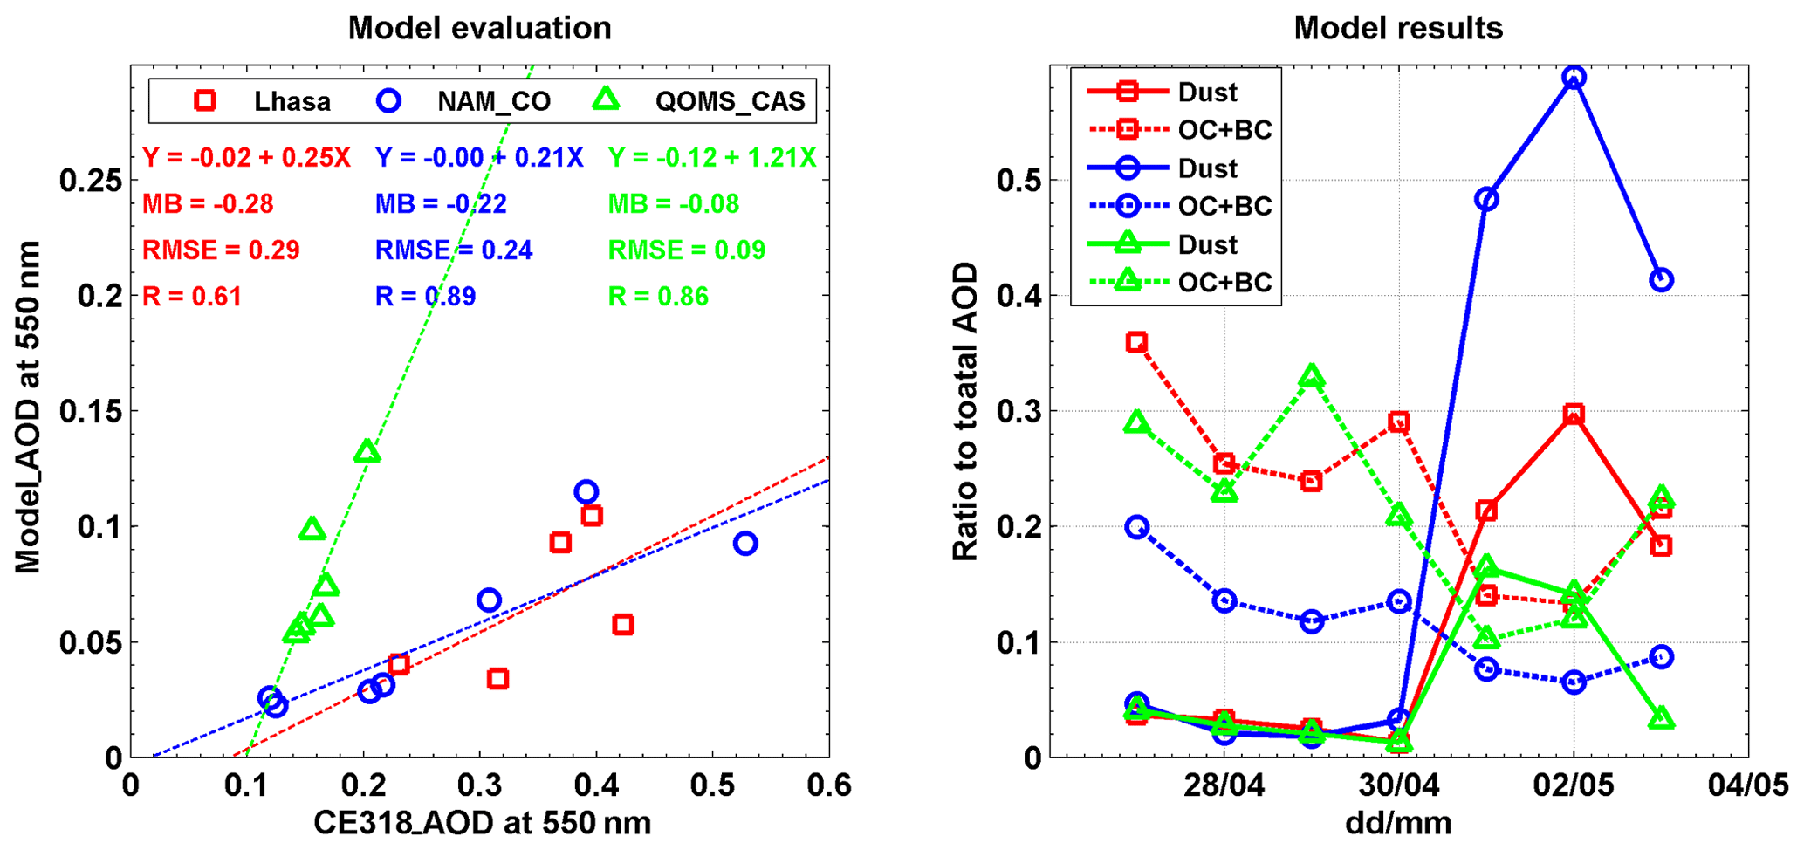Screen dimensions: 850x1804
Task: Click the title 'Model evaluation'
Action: coord(479,28)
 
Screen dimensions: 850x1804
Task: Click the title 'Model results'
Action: coord(1397,28)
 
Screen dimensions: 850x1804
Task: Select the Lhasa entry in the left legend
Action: coord(263,101)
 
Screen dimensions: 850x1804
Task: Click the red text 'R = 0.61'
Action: coord(192,297)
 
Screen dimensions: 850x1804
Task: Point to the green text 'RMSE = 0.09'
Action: coord(686,250)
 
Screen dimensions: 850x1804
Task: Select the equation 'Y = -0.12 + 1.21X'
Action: coord(712,158)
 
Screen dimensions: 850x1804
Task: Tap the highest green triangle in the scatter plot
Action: coord(367,451)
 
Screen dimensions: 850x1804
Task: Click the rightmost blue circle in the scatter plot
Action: coord(744,544)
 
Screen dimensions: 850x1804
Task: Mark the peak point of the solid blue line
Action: coord(1574,78)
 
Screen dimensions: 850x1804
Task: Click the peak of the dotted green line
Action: coord(1312,377)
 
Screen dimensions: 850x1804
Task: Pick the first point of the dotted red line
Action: coord(1136,342)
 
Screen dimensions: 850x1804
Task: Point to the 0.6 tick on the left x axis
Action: coord(828,785)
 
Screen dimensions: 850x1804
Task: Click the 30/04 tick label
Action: coord(1398,785)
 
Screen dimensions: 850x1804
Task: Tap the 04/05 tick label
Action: coord(1748,785)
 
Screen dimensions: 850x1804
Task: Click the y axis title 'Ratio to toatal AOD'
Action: coord(965,412)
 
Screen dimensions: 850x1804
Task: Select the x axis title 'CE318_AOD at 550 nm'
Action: coord(482,824)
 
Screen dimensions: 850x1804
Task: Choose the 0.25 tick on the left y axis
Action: coord(90,181)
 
